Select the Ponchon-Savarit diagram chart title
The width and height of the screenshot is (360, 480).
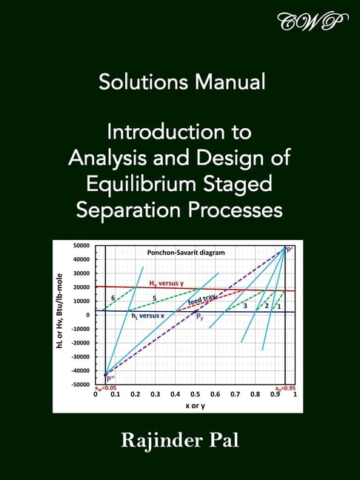coord(186,253)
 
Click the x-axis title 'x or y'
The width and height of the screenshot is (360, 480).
coord(195,405)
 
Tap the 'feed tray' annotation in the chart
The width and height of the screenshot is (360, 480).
coord(202,300)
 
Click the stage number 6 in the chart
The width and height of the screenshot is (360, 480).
coord(113,298)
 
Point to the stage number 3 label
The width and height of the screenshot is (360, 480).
coord(244,305)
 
